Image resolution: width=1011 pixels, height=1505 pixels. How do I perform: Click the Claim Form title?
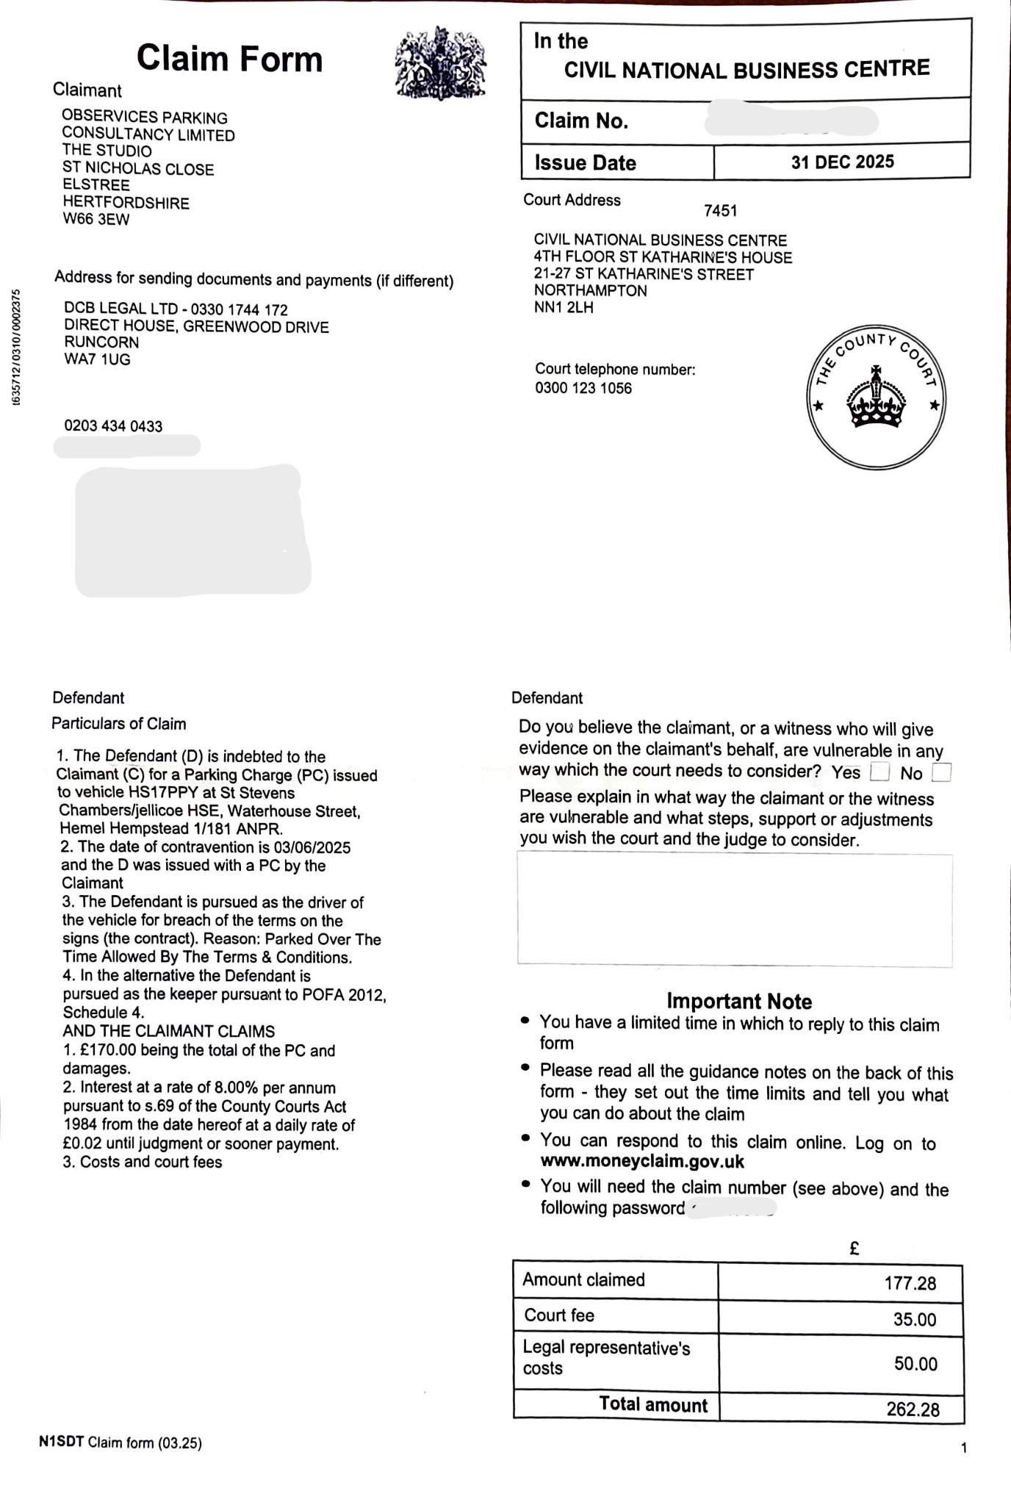(229, 59)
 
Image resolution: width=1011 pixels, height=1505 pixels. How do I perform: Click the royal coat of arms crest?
(440, 63)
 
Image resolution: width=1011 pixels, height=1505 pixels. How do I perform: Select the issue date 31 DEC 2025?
(842, 162)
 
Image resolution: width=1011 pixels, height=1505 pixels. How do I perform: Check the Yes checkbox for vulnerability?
(879, 772)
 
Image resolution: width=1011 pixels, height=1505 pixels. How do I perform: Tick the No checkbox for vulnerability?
(940, 772)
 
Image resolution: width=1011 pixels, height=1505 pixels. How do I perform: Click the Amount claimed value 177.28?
(910, 1283)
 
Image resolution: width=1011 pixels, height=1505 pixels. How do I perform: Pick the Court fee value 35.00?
(914, 1319)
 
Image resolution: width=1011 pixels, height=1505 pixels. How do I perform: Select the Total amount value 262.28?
(913, 1409)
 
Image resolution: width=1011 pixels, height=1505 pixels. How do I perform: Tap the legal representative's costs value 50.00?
(915, 1364)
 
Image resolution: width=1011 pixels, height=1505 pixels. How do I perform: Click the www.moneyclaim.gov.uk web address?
(642, 1162)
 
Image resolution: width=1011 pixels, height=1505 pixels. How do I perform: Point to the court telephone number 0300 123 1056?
(583, 388)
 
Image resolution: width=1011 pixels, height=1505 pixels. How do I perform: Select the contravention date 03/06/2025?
(312, 847)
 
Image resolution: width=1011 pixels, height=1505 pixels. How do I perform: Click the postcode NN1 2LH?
(564, 307)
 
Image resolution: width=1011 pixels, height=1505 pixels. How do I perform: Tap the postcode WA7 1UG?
(97, 359)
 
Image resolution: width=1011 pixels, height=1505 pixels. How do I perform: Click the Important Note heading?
(738, 1001)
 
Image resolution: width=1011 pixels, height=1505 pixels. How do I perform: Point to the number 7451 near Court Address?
(720, 211)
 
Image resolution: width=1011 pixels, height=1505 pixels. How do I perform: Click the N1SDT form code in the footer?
(61, 1443)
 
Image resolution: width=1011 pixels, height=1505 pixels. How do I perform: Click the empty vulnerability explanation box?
(735, 909)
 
